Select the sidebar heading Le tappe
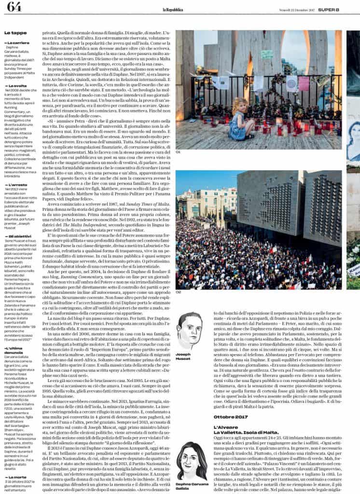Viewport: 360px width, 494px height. coord(15,33)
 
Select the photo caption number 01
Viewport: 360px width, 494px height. coord(178,151)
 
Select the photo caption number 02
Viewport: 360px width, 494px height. coord(178,292)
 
